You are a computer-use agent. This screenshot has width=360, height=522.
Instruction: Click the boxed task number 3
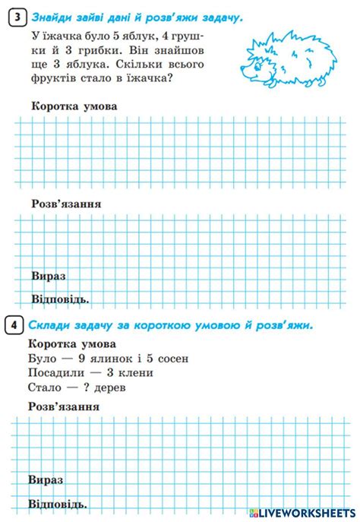tap(17, 17)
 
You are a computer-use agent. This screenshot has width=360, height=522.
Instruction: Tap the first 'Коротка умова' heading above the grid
tap(74, 106)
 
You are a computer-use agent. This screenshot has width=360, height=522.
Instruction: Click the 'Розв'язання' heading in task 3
tap(66, 204)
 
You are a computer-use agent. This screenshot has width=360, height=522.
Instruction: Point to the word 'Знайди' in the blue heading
tap(50, 17)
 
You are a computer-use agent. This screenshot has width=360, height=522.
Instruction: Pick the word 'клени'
tap(136, 372)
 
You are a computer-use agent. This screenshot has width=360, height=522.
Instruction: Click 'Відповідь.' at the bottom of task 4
tap(58, 504)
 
